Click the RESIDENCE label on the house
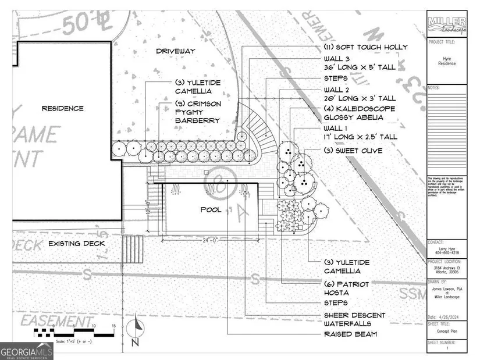62,108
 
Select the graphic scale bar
72,333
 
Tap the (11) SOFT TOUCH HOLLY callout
365,47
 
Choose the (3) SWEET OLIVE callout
353,150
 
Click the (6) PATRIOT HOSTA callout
345,288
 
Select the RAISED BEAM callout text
351,334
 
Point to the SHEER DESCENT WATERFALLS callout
354,319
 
